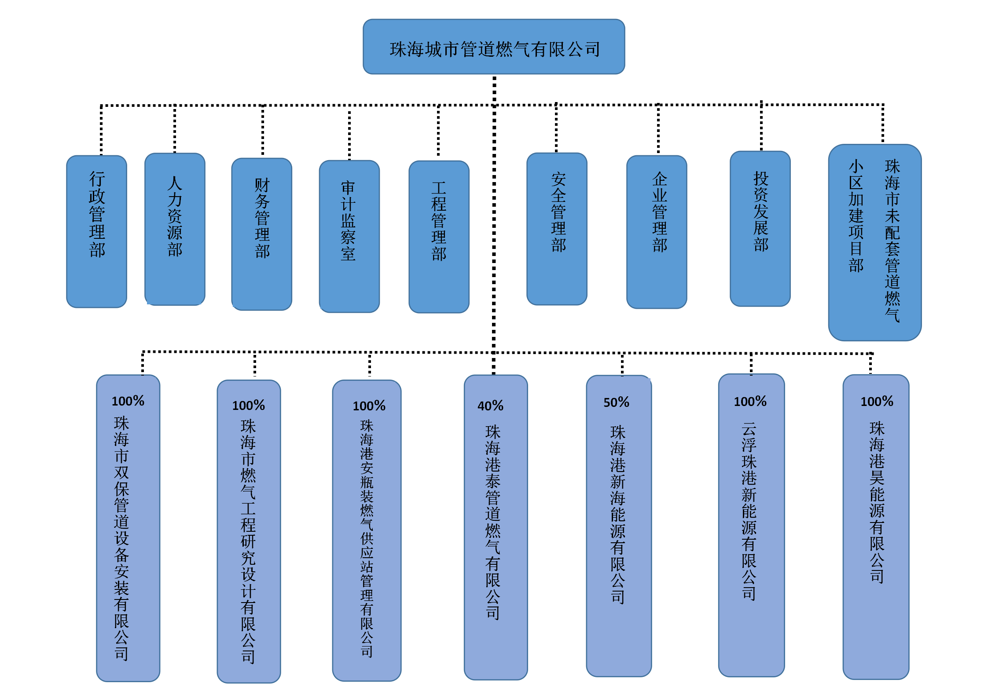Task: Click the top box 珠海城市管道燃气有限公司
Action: [493, 47]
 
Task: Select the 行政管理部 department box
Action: [97, 231]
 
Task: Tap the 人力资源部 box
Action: [175, 229]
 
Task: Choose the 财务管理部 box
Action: [262, 234]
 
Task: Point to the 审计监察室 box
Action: [349, 236]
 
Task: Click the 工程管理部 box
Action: [439, 237]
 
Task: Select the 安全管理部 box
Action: [557, 229]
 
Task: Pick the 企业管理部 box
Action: [657, 232]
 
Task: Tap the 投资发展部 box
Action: [760, 229]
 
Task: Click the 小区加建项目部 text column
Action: [856, 216]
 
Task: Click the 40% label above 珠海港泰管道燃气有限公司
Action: [490, 406]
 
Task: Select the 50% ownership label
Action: [616, 402]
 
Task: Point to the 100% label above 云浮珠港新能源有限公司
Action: [750, 401]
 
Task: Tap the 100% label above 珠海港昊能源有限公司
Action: [877, 401]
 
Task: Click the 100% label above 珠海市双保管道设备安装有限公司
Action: [128, 401]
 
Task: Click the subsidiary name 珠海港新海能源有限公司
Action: [617, 514]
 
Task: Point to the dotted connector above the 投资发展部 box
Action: [761, 128]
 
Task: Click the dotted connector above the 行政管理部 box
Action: [101, 130]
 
